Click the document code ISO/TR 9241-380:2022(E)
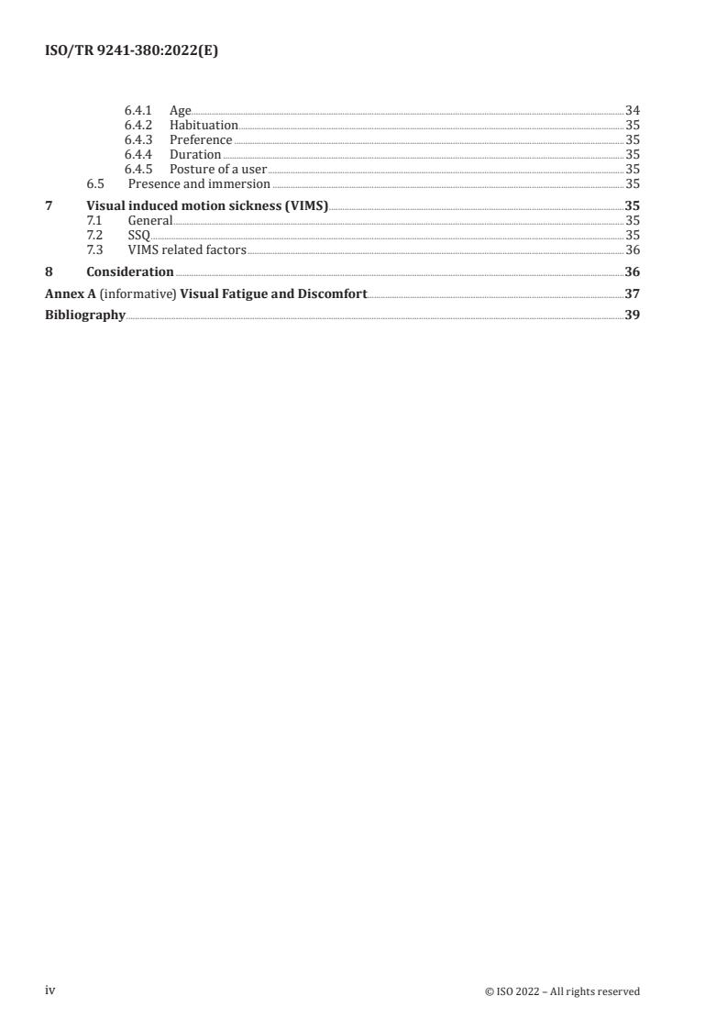131,51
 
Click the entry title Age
180,111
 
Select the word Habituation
204,126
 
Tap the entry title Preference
201,140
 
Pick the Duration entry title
195,155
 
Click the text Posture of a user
217,170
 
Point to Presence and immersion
199,184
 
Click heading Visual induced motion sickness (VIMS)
207,206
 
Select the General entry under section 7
149,221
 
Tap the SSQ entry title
138,236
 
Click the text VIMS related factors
187,250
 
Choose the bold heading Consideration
129,272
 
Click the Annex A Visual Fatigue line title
205,294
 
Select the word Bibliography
84,315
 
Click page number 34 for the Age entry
632,111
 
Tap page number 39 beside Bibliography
632,315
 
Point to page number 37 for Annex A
632,294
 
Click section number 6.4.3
138,140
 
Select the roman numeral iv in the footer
50,990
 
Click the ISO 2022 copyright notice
562,991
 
